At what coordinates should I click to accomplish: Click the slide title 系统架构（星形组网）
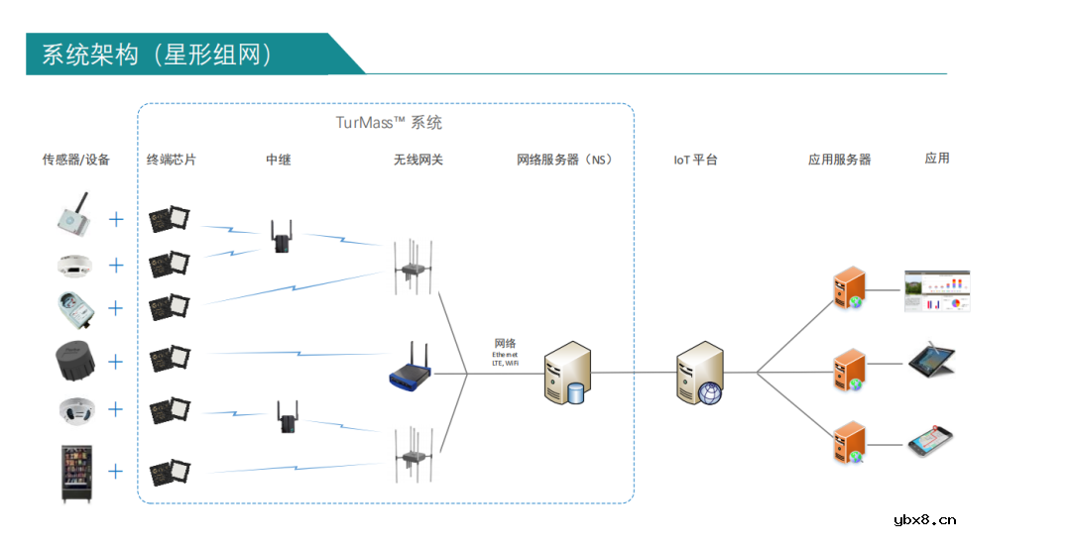157,54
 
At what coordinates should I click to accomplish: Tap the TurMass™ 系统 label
389,123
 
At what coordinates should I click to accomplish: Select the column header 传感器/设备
76,160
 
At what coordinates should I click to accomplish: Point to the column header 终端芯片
172,160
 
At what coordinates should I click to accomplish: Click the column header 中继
279,160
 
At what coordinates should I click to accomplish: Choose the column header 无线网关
418,160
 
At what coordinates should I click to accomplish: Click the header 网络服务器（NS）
564,160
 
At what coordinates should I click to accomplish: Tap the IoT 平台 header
695,160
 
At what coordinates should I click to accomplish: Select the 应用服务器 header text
839,160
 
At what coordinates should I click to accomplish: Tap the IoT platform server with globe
700,373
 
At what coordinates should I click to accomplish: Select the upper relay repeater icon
281,236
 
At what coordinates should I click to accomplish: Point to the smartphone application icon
931,441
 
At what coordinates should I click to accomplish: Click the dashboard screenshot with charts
936,291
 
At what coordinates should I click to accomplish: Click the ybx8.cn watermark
924,519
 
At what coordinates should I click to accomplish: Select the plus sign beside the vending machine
116,471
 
